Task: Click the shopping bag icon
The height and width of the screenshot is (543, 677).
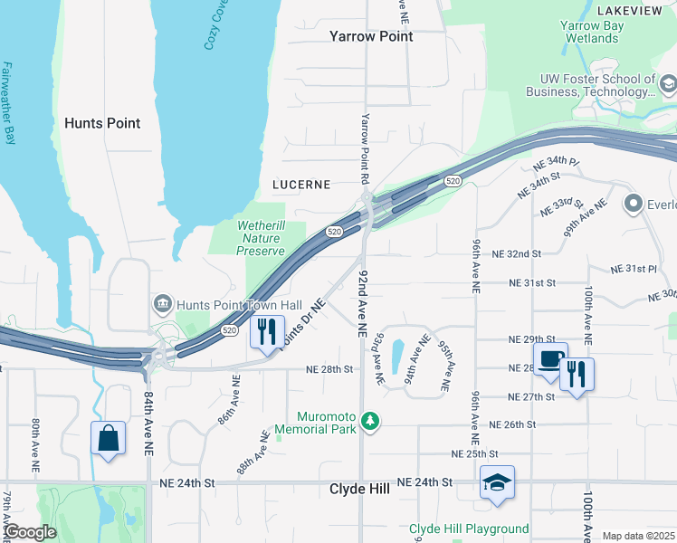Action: click(108, 439)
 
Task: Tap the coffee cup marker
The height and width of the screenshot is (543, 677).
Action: click(550, 358)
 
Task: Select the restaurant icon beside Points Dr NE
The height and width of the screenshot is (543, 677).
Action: click(266, 331)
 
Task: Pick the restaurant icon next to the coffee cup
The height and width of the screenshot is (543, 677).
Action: click(577, 373)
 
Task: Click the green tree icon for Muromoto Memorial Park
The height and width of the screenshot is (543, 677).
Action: click(369, 421)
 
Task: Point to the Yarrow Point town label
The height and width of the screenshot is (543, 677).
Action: click(371, 36)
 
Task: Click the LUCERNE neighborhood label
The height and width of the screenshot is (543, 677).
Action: click(301, 185)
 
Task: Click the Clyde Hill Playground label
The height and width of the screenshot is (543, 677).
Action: click(469, 529)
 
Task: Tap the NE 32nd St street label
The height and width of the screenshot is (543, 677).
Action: click(517, 254)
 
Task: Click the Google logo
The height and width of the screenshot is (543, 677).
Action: click(30, 533)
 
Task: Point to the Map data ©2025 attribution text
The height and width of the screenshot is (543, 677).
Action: click(638, 536)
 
